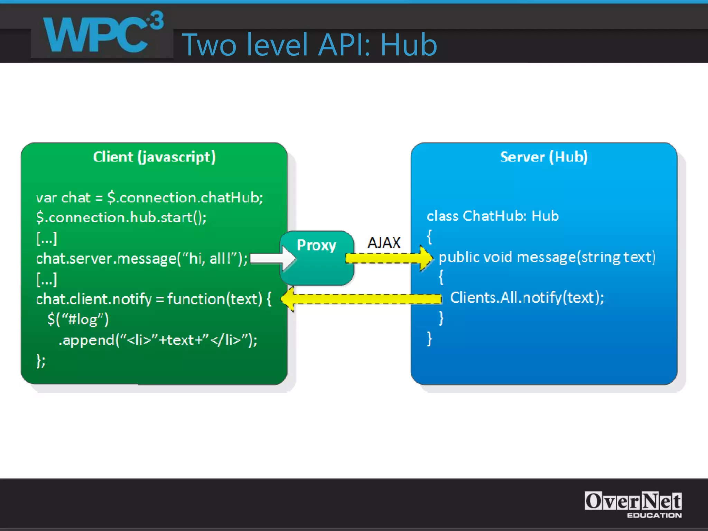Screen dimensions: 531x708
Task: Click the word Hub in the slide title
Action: point(409,45)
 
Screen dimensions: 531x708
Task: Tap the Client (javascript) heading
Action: point(154,157)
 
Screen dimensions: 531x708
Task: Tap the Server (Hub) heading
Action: point(543,157)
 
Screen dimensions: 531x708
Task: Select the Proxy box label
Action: point(316,245)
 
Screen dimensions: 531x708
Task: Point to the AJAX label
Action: point(384,243)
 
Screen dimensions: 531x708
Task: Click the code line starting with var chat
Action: point(149,198)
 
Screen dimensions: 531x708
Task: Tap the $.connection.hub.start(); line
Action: point(121,218)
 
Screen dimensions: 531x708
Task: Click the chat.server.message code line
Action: point(142,259)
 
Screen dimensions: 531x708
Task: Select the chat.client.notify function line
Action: point(153,299)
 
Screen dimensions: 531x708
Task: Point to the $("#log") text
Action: point(78,319)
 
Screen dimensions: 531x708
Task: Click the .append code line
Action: point(158,340)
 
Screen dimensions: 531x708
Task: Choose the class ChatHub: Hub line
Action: point(492,216)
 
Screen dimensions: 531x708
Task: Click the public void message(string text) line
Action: point(547,258)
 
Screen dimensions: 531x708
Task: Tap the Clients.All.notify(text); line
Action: point(527,298)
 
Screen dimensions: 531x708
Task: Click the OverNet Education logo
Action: point(633,504)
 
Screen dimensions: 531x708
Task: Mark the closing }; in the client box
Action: point(41,361)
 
